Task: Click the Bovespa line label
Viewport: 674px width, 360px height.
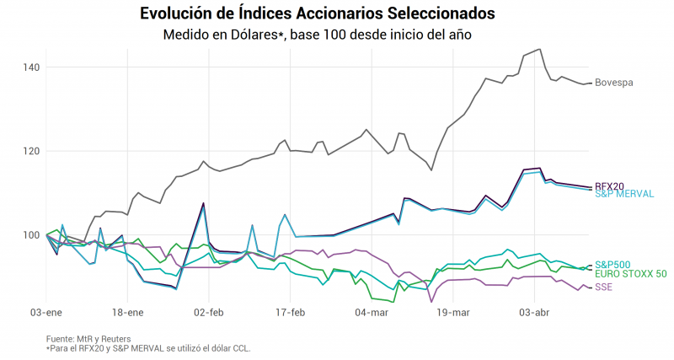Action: (614, 83)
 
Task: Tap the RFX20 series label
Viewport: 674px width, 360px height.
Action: (609, 186)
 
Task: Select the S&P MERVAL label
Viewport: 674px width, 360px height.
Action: (624, 194)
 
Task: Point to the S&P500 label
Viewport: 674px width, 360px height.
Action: (612, 265)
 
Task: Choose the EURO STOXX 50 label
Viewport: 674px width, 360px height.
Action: (630, 274)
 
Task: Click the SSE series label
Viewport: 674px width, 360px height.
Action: (603, 287)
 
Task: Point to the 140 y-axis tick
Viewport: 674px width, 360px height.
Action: (31, 67)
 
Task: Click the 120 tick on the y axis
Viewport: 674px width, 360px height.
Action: (31, 151)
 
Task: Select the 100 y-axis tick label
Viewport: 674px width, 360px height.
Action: (31, 235)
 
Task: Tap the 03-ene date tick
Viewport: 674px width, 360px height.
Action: (46, 313)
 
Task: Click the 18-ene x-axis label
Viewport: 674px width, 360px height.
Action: (128, 313)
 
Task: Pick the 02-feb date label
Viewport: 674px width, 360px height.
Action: (209, 313)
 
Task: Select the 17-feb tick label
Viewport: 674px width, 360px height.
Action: (290, 313)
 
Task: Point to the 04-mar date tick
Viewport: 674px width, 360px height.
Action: (372, 313)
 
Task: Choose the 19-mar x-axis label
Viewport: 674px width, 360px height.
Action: (453, 313)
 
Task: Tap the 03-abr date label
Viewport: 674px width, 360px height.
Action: (534, 313)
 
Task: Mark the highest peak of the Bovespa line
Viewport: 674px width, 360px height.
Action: (540, 49)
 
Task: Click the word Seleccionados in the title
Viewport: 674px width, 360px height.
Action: (441, 13)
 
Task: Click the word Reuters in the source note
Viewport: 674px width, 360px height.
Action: (116, 339)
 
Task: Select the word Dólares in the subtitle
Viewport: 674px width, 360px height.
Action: (256, 35)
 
